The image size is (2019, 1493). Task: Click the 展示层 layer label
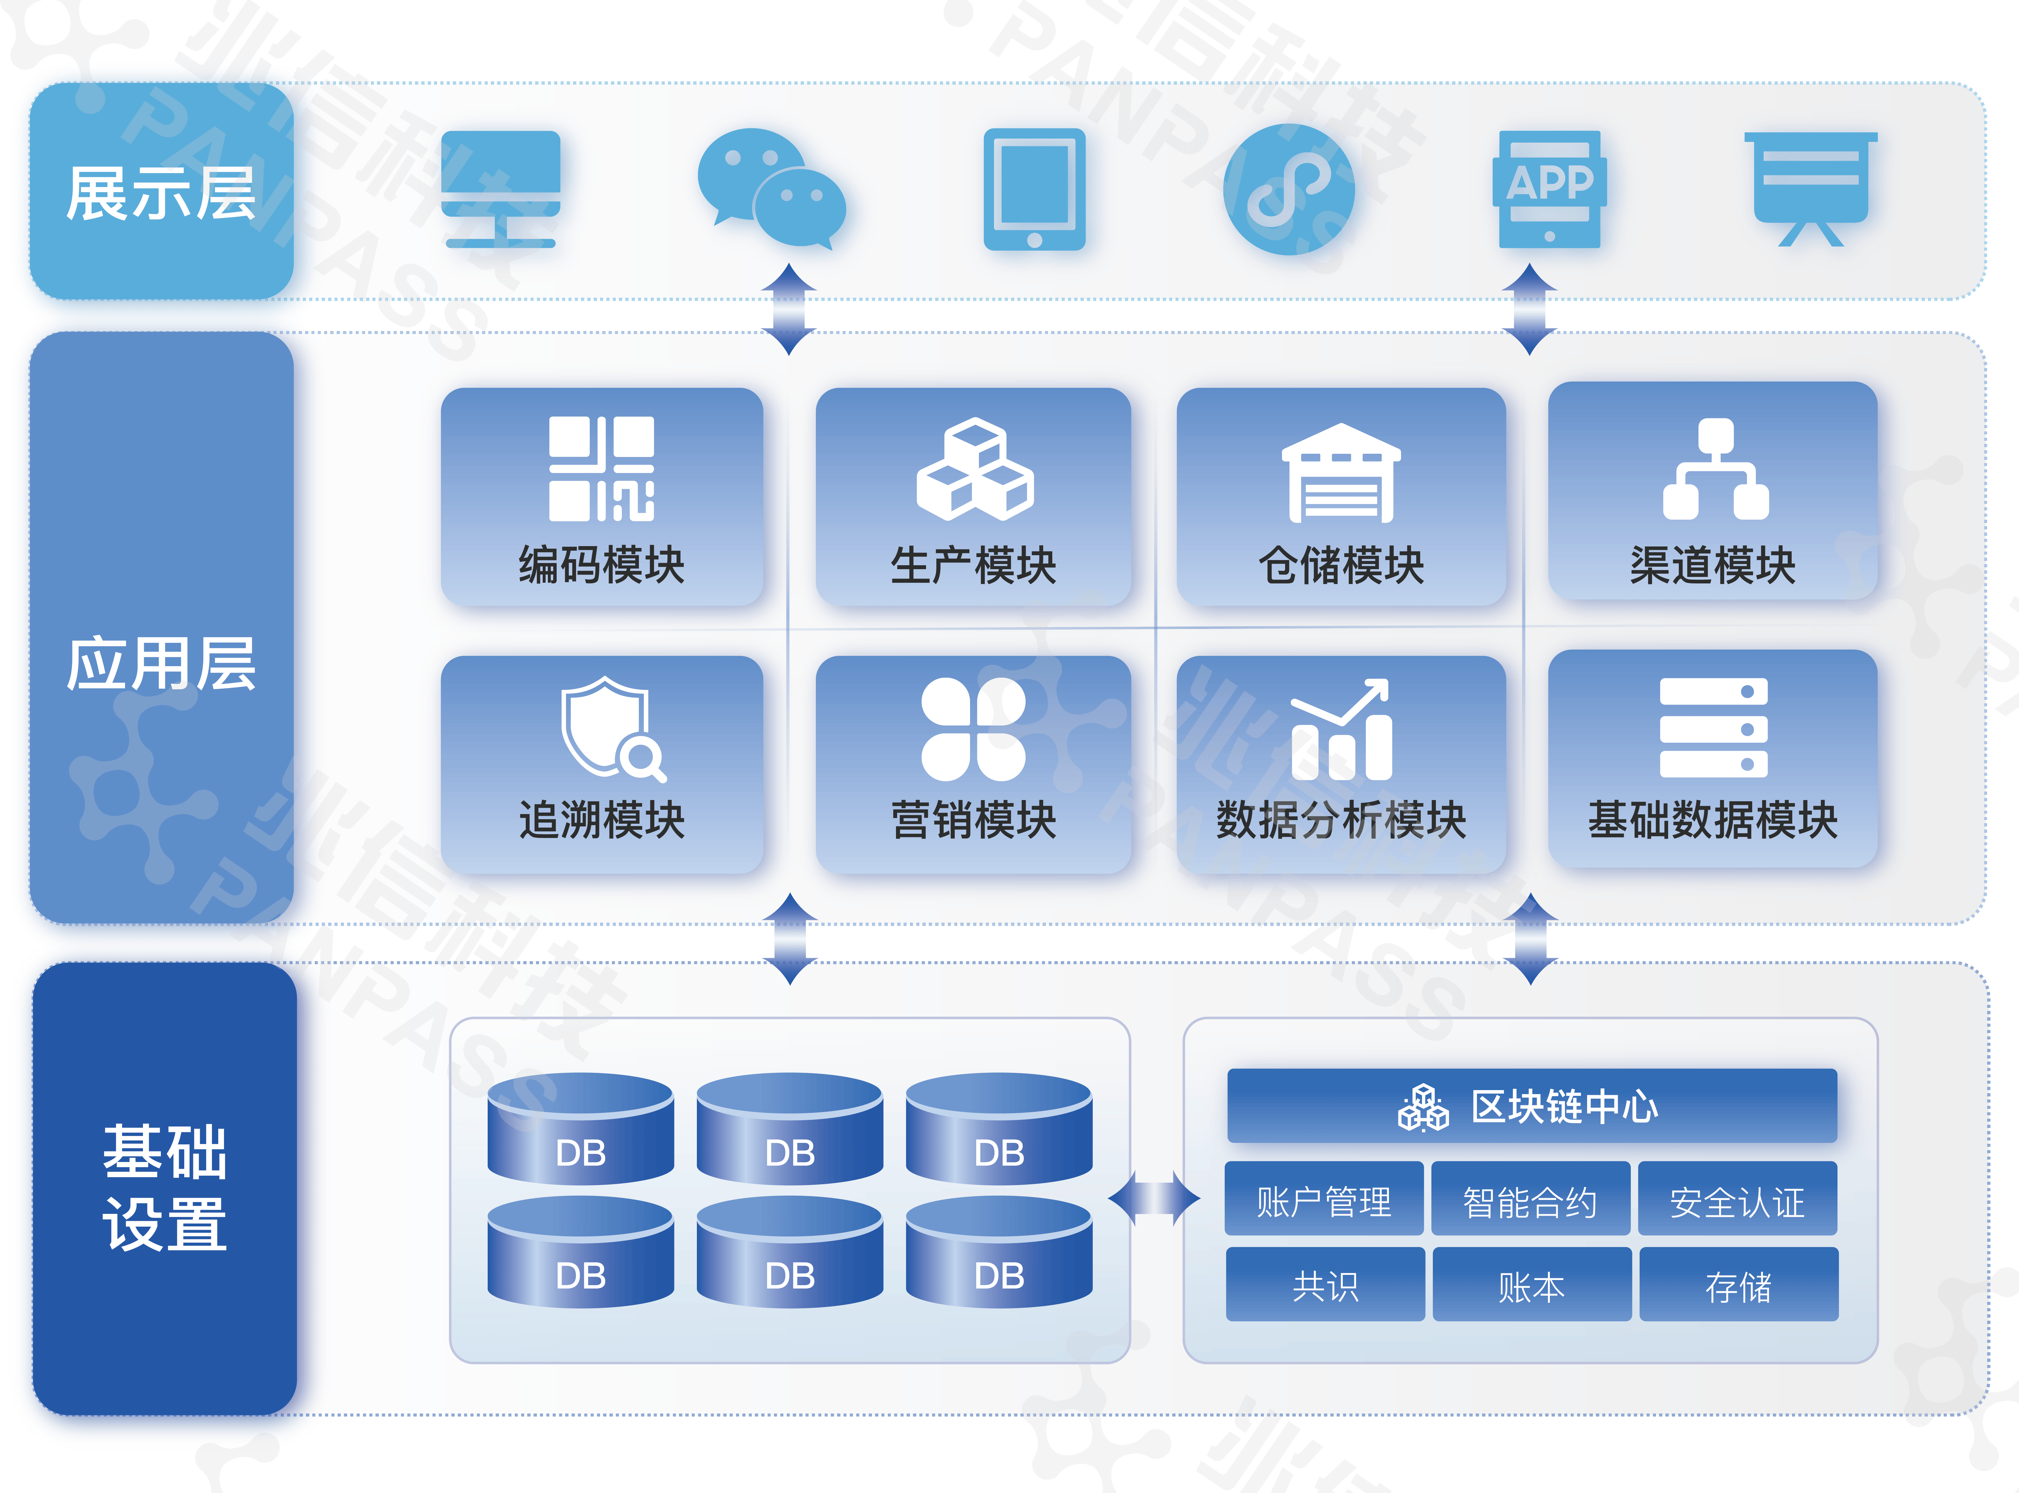(x=161, y=192)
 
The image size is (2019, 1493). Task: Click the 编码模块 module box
(x=601, y=496)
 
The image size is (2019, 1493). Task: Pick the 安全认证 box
(x=1737, y=1201)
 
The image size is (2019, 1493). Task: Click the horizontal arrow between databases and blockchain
(x=1155, y=1198)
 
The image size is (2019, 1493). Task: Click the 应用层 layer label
(x=161, y=664)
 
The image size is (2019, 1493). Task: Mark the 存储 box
(x=1738, y=1285)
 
